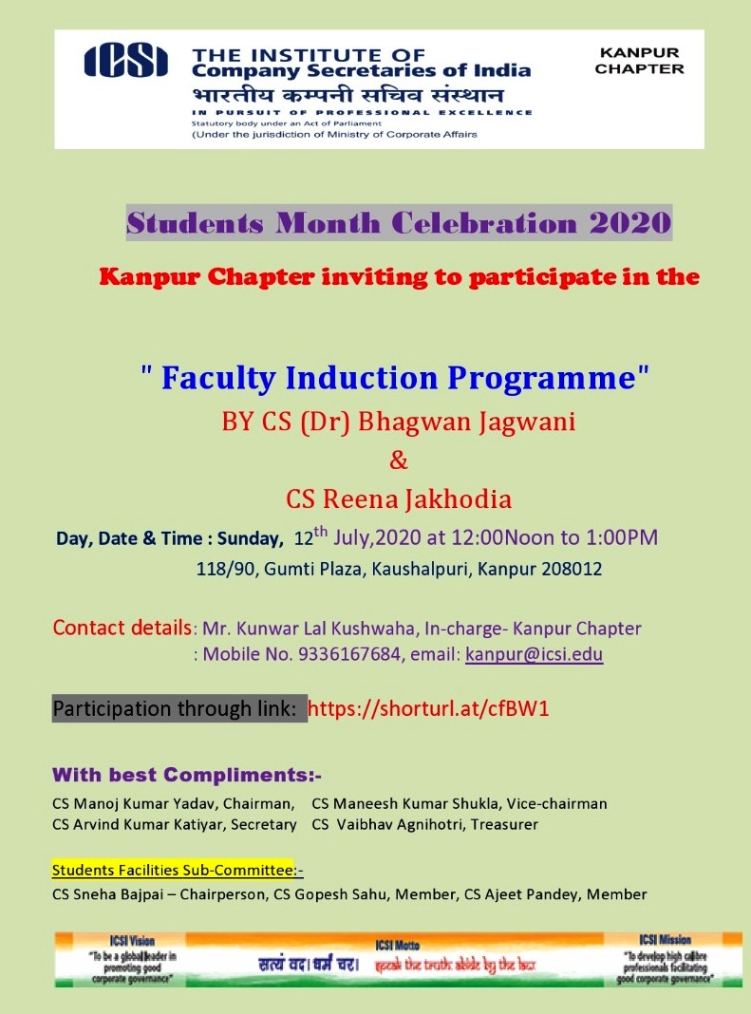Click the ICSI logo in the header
click(x=126, y=61)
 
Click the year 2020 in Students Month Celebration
click(x=629, y=223)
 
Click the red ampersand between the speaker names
click(x=399, y=460)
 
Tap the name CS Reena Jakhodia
click(x=399, y=498)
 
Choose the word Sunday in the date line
click(x=251, y=539)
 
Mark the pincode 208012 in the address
click(x=568, y=570)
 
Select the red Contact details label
click(x=122, y=628)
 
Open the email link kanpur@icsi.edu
click(x=534, y=654)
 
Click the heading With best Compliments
click(x=186, y=773)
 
